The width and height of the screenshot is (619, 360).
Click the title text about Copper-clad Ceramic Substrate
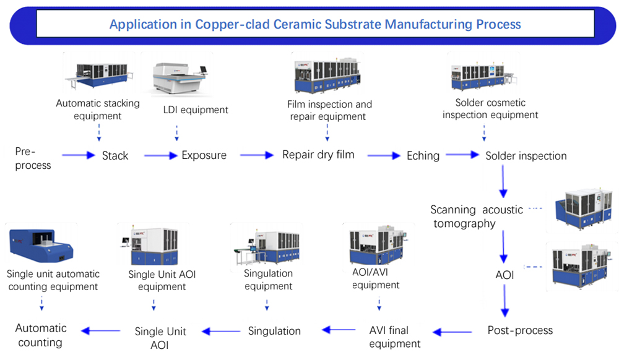[x=315, y=25]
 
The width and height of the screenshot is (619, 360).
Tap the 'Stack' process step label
[x=115, y=155]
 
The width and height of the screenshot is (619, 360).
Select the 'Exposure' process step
[x=204, y=155]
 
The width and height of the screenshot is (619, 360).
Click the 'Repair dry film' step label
[x=318, y=155]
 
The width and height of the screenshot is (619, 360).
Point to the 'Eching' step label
[x=423, y=155]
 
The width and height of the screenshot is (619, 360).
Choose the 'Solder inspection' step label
[x=526, y=156]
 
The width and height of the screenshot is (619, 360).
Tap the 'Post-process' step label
[x=520, y=330]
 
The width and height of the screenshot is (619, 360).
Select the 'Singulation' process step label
[x=274, y=331]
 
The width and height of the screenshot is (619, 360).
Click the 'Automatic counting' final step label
[x=41, y=335]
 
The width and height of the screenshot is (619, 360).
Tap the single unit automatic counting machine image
[x=41, y=246]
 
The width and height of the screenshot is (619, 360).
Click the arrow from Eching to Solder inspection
[x=462, y=155]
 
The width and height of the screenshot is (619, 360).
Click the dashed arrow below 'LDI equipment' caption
[x=178, y=133]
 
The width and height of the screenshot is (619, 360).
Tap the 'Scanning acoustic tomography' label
[x=477, y=216]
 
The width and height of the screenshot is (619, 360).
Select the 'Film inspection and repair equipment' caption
[x=329, y=110]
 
